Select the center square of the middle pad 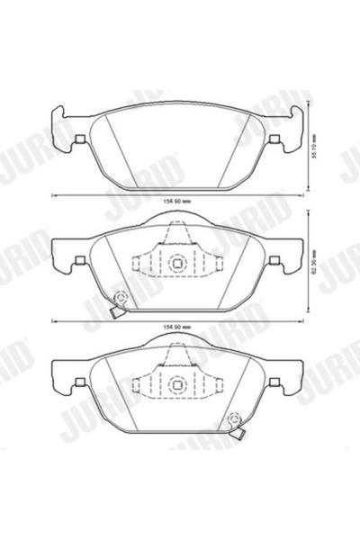tap(177, 264)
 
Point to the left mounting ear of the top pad tap(58, 121)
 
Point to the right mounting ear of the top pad tap(297, 121)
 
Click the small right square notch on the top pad tap(275, 139)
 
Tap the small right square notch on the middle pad tap(275, 262)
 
